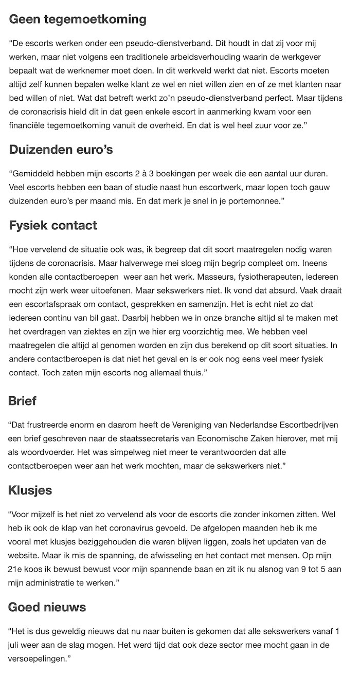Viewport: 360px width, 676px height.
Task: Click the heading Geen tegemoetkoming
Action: (78, 20)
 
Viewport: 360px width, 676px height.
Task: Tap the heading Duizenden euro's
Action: (61, 150)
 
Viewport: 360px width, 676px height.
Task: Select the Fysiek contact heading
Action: (53, 225)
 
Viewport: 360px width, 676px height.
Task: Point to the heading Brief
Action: (23, 401)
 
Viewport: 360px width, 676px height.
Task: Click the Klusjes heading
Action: (30, 490)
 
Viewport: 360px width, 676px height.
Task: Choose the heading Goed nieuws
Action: (47, 607)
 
